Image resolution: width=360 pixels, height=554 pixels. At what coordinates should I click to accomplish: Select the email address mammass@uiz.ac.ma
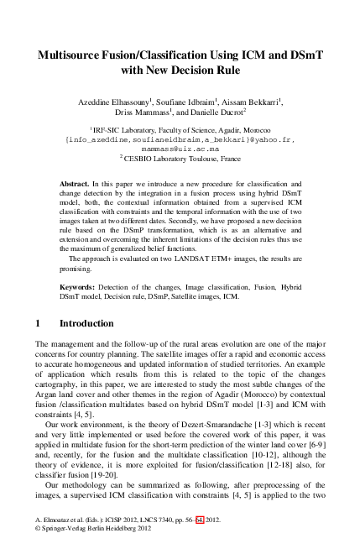point(180,149)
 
